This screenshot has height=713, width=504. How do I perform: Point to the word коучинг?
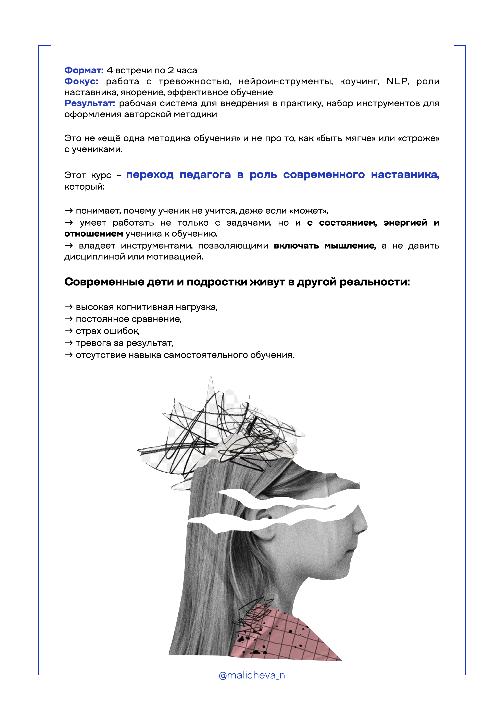coord(359,82)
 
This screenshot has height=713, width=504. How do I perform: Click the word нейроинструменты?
coord(285,82)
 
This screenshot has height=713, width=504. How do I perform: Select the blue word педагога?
coord(205,175)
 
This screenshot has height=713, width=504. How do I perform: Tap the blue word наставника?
coord(405,175)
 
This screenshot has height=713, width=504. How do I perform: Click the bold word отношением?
coord(94,234)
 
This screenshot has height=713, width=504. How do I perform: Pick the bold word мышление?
coord(350,246)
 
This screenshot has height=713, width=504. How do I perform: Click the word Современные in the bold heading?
coord(104,282)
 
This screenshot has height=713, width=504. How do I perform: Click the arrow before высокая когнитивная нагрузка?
coord(69,307)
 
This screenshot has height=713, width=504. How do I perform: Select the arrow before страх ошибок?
coord(69,331)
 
